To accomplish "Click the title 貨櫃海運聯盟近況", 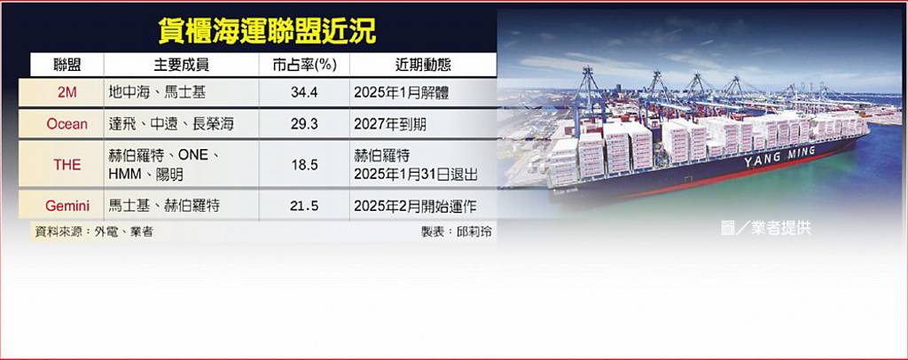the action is pyautogui.click(x=267, y=31).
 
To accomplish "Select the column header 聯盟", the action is pyautogui.click(x=67, y=65).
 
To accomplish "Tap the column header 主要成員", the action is pyautogui.click(x=181, y=65).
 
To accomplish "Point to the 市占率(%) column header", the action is pyautogui.click(x=305, y=65).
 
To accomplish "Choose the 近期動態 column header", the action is pyautogui.click(x=423, y=65).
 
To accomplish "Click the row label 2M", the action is pyautogui.click(x=67, y=92).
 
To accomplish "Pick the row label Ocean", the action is pyautogui.click(x=67, y=124).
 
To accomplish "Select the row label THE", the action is pyautogui.click(x=67, y=165).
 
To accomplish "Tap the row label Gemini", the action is pyautogui.click(x=67, y=206).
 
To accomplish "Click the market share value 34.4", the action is pyautogui.click(x=305, y=92).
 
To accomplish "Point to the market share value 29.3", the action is pyautogui.click(x=305, y=124).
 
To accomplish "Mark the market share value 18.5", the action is pyautogui.click(x=305, y=165).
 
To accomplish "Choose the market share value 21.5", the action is pyautogui.click(x=305, y=206).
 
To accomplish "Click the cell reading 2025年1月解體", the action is pyautogui.click(x=402, y=92).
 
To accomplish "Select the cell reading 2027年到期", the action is pyautogui.click(x=390, y=124).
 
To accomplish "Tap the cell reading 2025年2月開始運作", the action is pyautogui.click(x=415, y=206).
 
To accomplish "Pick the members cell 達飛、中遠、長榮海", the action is pyautogui.click(x=171, y=124).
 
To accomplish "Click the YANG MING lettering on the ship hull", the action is pyautogui.click(x=779, y=157).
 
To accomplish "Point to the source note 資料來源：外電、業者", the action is pyautogui.click(x=94, y=232).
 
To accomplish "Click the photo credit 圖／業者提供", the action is pyautogui.click(x=765, y=228).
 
